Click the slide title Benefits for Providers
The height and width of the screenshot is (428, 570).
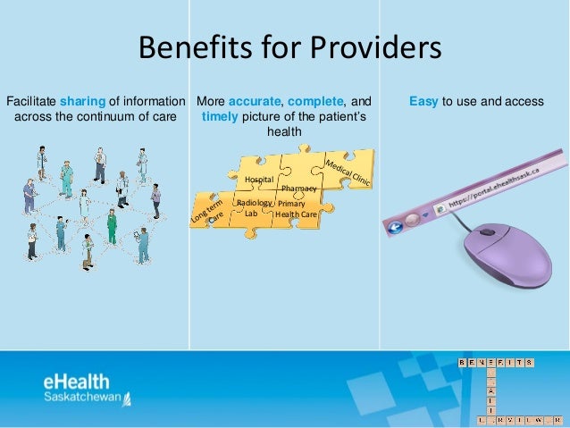click(289, 49)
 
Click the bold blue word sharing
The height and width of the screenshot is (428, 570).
click(83, 101)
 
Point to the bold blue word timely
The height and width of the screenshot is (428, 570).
click(221, 116)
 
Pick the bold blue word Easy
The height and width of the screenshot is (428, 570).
click(423, 101)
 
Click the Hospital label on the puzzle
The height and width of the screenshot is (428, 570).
click(258, 180)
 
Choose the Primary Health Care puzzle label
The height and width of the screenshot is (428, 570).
click(296, 209)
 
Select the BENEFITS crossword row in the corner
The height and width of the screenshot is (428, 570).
click(496, 362)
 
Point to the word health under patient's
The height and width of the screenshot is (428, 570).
click(284, 131)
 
